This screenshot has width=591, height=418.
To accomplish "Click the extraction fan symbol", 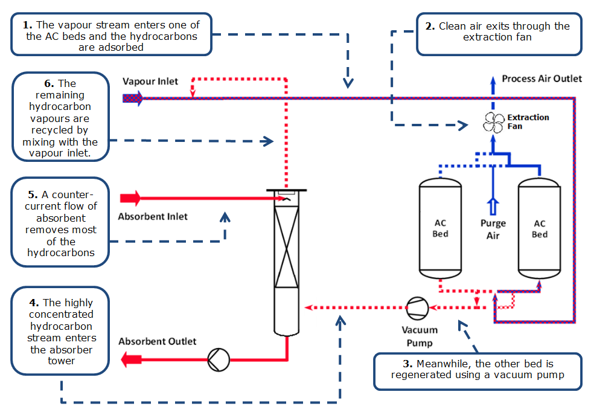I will coord(493,122).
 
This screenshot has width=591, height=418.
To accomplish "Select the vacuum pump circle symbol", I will coord(417,307).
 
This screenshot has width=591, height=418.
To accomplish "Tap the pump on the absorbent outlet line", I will coord(218,360).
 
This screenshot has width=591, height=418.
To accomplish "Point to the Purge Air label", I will coord(493,229).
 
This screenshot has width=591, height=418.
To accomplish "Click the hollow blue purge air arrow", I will coord(493,205).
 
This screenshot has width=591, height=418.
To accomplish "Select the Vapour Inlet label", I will coord(150,81).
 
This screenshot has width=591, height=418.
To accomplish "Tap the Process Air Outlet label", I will coord(541,79).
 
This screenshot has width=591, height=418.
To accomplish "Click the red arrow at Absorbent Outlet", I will coord(131,360).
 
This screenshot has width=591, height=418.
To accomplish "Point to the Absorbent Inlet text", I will coord(153,216).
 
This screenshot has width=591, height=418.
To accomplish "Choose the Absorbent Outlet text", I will coord(157,341).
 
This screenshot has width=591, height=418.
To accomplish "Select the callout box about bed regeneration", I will coord(477,370).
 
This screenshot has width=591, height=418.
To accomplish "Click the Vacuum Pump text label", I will coord(420,336).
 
